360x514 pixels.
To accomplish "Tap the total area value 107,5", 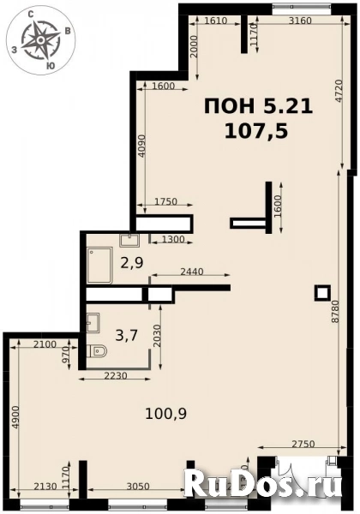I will [x=258, y=133].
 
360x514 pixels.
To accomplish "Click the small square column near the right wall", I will [x=322, y=293].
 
